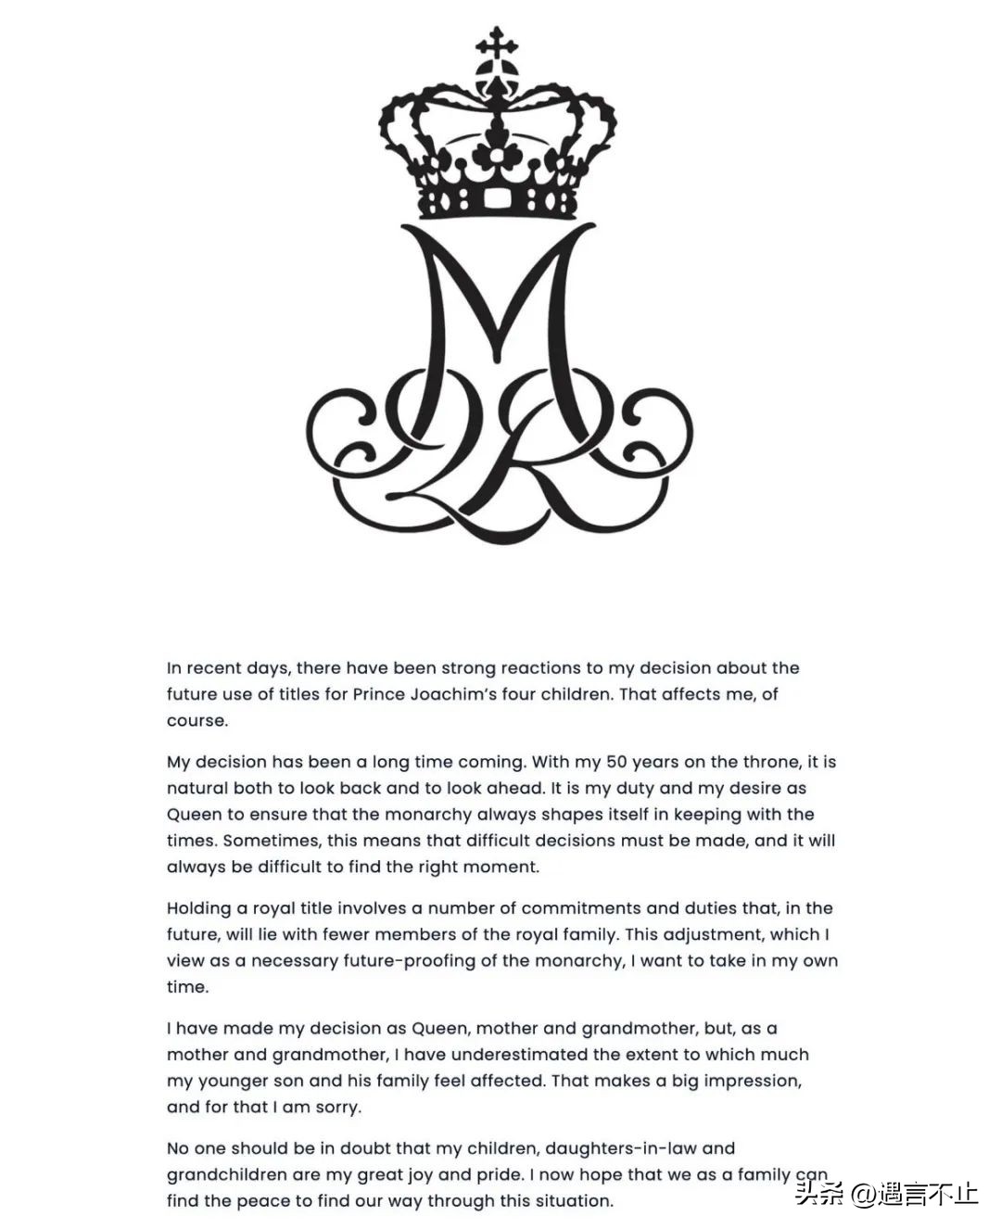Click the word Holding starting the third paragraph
click(x=196, y=908)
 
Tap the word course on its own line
click(x=196, y=721)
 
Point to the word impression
click(x=750, y=1081)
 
